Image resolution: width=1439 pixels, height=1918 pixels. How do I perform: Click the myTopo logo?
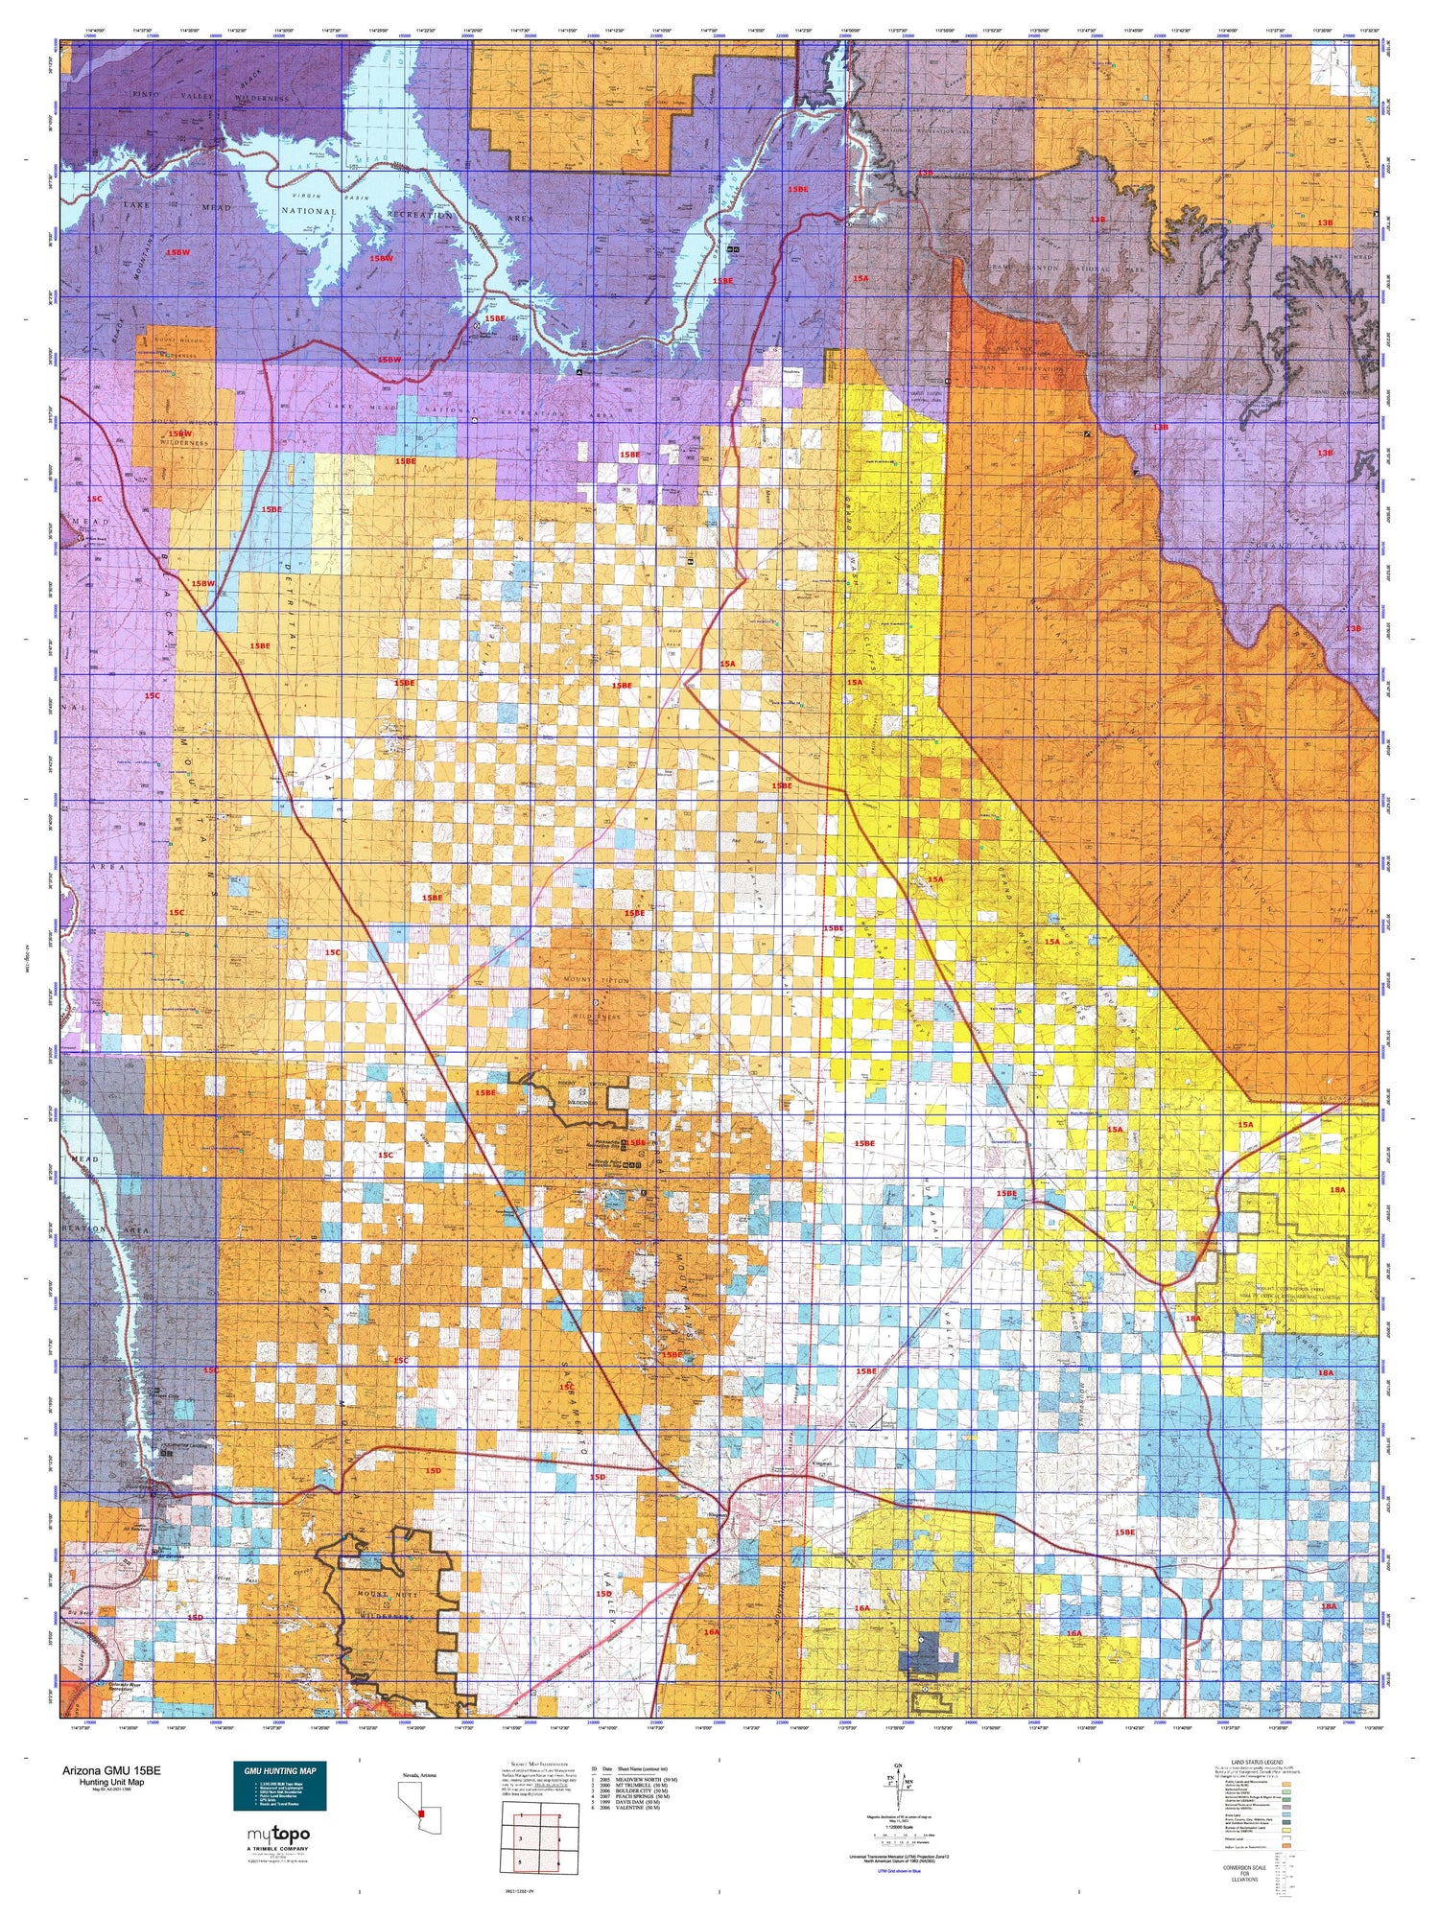tap(278, 1835)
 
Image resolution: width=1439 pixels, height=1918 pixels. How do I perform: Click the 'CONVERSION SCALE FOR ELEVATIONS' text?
tap(1244, 1873)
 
